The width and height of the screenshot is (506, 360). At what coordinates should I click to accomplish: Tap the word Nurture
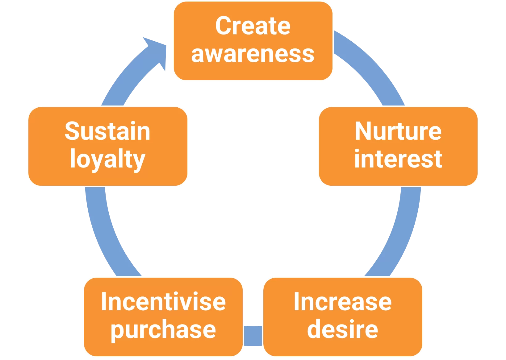pyautogui.click(x=398, y=131)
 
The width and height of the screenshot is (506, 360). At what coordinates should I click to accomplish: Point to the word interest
pyautogui.click(x=398, y=159)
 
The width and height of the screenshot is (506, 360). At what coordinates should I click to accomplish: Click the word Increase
pyautogui.click(x=342, y=302)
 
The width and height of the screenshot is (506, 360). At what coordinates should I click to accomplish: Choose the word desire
pyautogui.click(x=342, y=329)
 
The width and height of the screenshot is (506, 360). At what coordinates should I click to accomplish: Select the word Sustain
pyautogui.click(x=107, y=131)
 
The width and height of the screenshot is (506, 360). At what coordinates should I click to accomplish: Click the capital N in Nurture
pyautogui.click(x=363, y=131)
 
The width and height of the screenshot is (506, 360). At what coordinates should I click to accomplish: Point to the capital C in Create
pyautogui.click(x=223, y=26)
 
